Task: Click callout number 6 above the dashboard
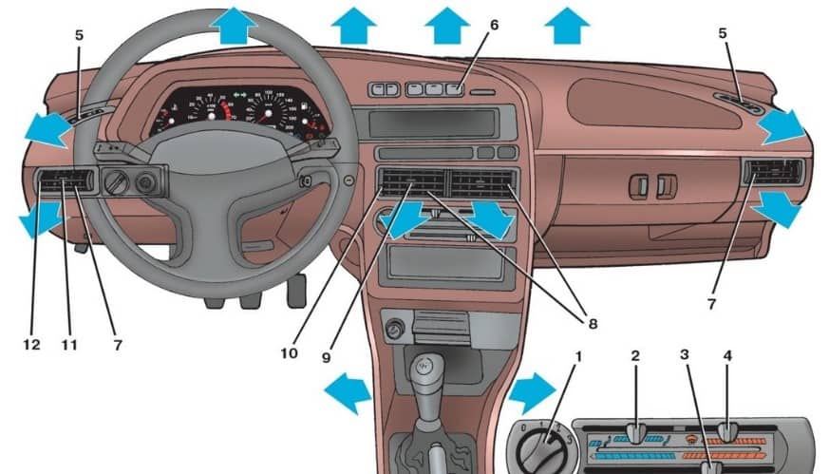[x=494, y=25]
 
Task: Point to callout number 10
[x=289, y=353]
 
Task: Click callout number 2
[x=635, y=357]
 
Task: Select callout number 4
[x=727, y=357]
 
